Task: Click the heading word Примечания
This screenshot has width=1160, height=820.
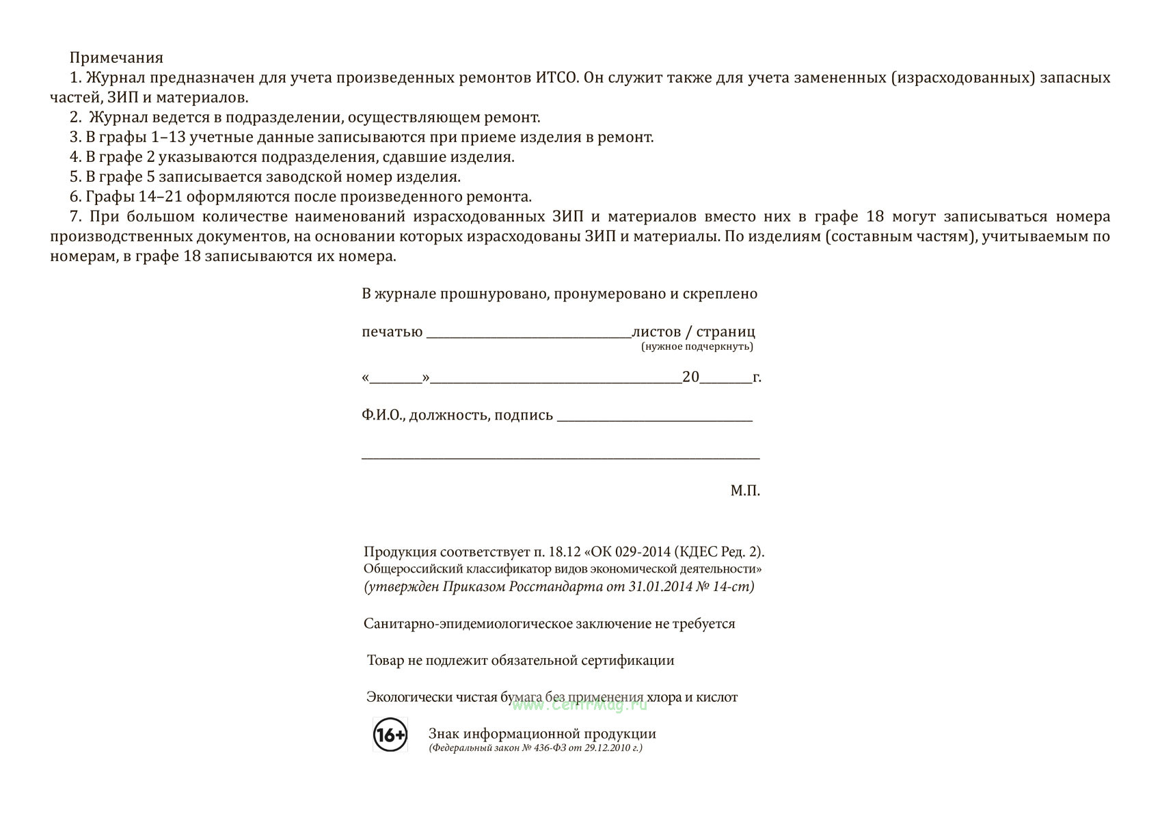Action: pyautogui.click(x=116, y=57)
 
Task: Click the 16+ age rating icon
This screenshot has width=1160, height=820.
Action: pyautogui.click(x=390, y=735)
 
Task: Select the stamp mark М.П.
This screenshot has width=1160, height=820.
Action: pyautogui.click(x=745, y=491)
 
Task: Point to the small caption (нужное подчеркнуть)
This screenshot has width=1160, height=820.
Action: pyautogui.click(x=697, y=346)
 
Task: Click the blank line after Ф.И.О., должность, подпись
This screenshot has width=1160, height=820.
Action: pyautogui.click(x=654, y=418)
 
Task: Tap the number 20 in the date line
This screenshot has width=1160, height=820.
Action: pyautogui.click(x=690, y=377)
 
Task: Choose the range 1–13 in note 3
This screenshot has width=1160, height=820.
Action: pyautogui.click(x=168, y=137)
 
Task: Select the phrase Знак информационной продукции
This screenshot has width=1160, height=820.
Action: pyautogui.click(x=542, y=734)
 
